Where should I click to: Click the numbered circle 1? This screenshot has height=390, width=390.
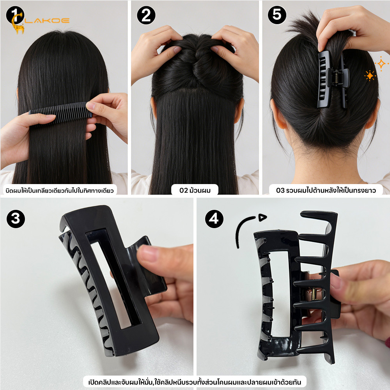click(15, 15)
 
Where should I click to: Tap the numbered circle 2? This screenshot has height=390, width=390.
click(146, 15)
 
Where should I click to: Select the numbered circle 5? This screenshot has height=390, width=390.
click(277, 15)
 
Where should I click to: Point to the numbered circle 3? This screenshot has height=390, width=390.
click(16, 219)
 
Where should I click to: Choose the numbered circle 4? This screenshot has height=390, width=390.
click(214, 219)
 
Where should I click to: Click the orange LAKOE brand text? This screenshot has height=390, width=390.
click(47, 20)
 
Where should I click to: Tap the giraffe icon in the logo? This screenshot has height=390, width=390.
click(18, 24)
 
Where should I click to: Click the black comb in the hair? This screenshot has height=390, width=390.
click(60, 112)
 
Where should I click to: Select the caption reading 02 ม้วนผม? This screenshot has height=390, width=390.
click(195, 190)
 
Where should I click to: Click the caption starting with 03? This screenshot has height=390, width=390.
click(326, 190)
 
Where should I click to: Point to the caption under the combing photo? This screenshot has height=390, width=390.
click(60, 191)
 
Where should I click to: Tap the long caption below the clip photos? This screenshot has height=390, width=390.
click(195, 382)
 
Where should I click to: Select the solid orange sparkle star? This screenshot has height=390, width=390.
click(370, 76)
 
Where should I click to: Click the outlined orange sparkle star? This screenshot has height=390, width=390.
click(381, 64)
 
